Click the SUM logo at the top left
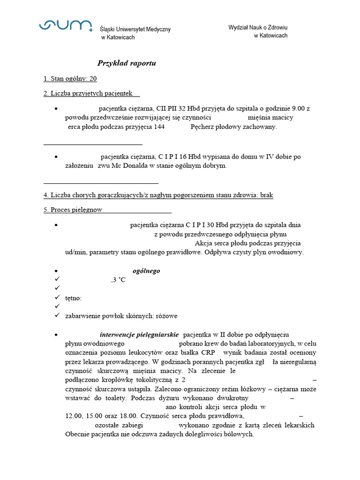pyautogui.click(x=65, y=26)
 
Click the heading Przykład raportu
pyautogui.click(x=127, y=63)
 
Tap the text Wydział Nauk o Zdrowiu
pyautogui.click(x=258, y=28)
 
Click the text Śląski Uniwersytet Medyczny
pyautogui.click(x=135, y=30)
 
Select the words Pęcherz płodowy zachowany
pyautogui.click(x=234, y=127)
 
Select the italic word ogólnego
pyautogui.click(x=146, y=271)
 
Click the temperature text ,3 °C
pyautogui.click(x=118, y=280)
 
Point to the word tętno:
pyautogui.click(x=74, y=298)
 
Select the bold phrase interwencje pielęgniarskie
pyautogui.click(x=139, y=335)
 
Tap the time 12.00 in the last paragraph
pyautogui.click(x=74, y=416)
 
